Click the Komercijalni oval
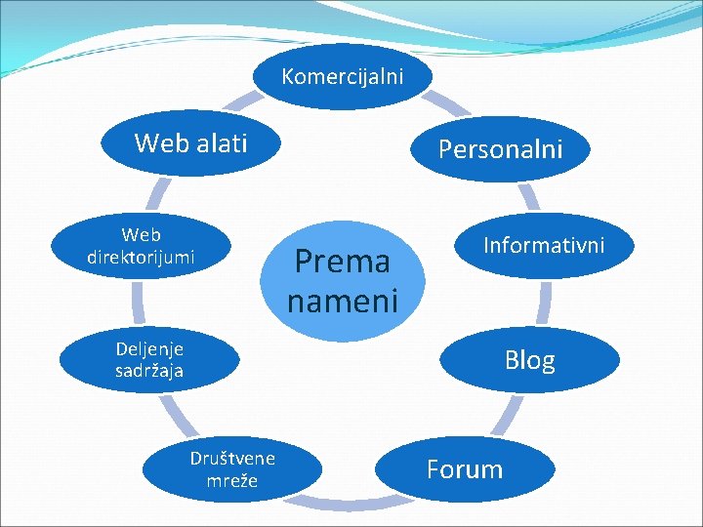[342, 76]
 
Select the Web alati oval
[190, 143]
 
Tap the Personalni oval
[500, 149]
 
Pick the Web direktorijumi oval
[141, 246]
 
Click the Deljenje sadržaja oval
[148, 359]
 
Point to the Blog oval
[530, 359]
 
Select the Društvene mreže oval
[232, 469]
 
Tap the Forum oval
[465, 469]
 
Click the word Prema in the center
[342, 261]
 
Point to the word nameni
[342, 301]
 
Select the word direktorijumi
[141, 258]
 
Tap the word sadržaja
[148, 371]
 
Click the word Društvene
[232, 458]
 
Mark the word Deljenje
[148, 347]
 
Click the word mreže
[232, 480]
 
